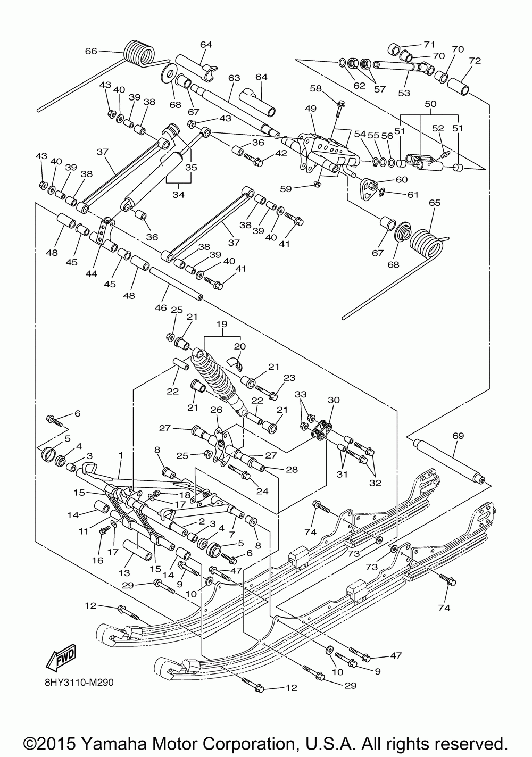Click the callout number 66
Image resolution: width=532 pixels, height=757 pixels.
click(91, 51)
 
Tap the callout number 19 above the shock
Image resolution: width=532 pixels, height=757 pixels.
click(222, 323)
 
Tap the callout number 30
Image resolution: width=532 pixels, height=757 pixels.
click(333, 400)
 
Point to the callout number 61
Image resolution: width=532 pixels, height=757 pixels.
click(413, 195)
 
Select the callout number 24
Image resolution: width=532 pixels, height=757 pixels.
click(262, 490)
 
